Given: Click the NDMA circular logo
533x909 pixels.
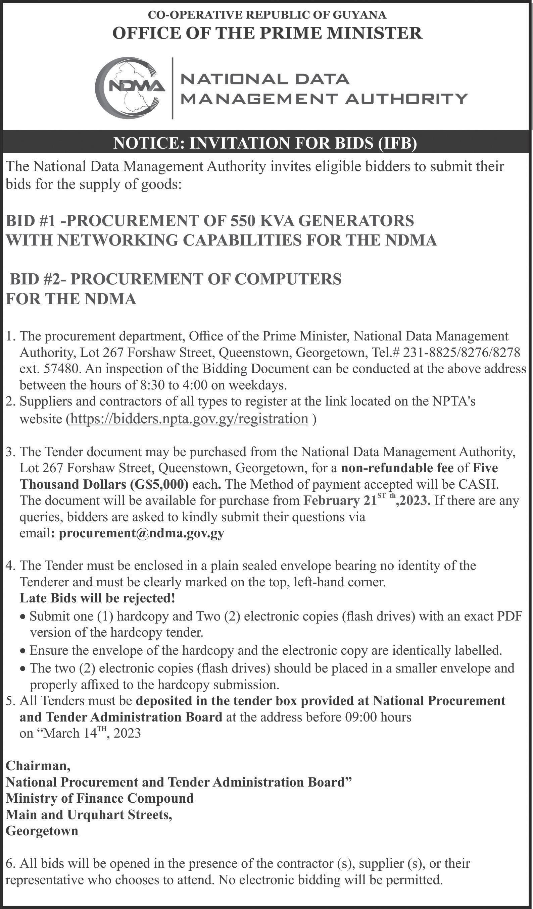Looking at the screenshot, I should pyautogui.click(x=130, y=88).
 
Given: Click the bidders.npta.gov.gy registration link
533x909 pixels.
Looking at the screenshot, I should pyautogui.click(x=189, y=419).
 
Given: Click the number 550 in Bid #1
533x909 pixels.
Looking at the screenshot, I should pyautogui.click(x=243, y=221).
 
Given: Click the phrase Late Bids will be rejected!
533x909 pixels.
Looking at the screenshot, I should pyautogui.click(x=97, y=598).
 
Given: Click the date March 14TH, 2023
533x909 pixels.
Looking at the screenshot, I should pyautogui.click(x=92, y=733).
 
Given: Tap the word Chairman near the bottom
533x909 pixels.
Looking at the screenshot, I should pyautogui.click(x=38, y=765).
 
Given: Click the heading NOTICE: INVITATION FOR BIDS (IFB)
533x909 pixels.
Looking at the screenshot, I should pyautogui.click(x=265, y=143).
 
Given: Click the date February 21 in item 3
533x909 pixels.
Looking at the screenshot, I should pyautogui.click(x=340, y=501).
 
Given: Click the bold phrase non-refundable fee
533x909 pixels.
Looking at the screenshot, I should pyautogui.click(x=397, y=468).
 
